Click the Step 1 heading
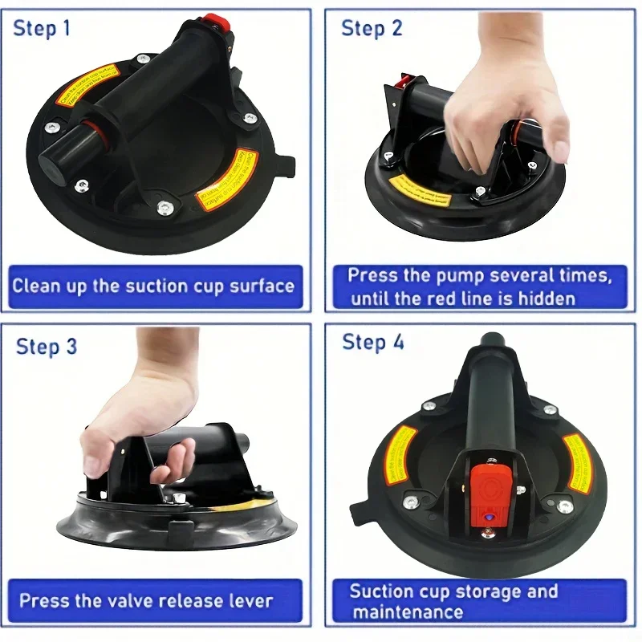point(42,29)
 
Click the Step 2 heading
point(372,29)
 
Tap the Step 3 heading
point(47,347)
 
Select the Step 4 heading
point(373,343)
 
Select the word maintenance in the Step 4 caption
point(408,612)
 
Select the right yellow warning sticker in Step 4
point(575,462)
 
